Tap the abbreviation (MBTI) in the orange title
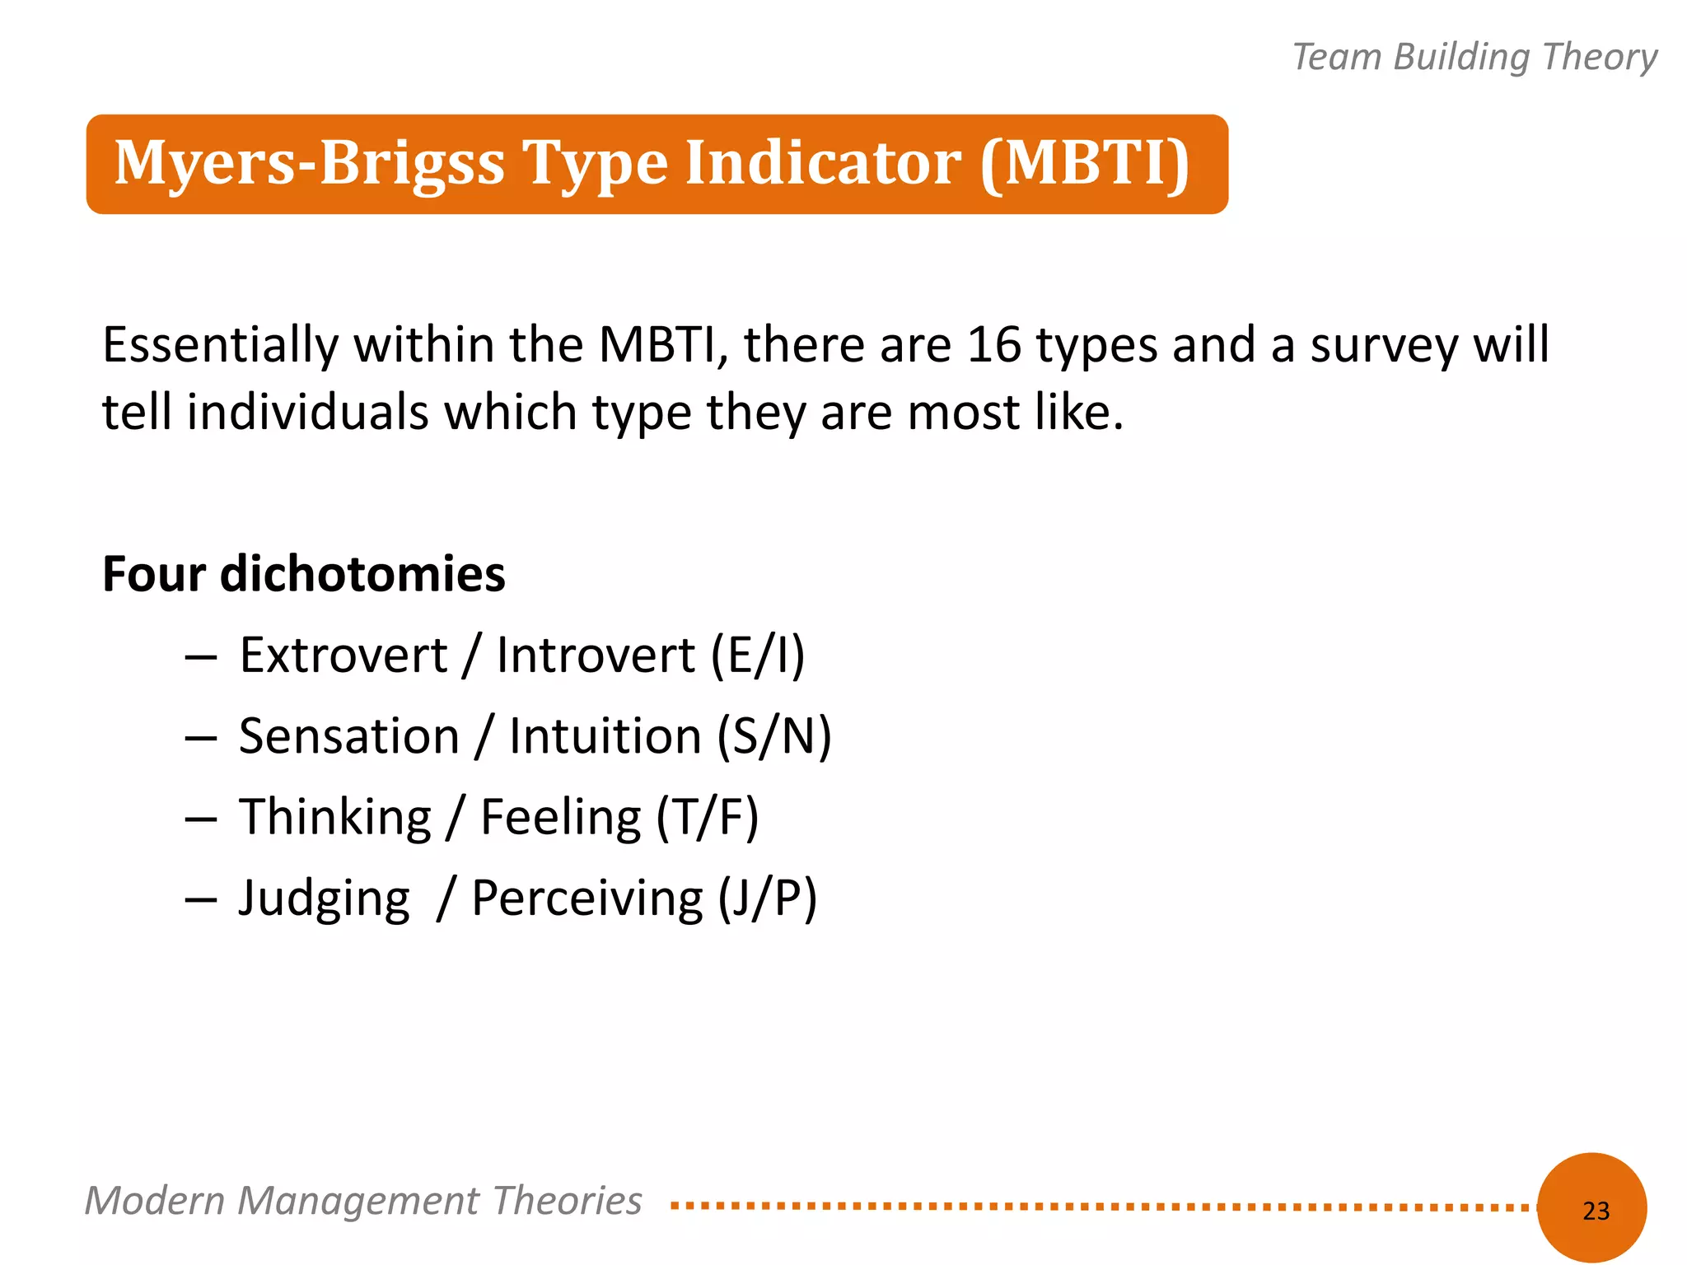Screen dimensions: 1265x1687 coord(1085,163)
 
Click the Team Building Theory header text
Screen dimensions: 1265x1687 coord(1474,57)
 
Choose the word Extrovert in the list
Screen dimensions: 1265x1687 coord(343,656)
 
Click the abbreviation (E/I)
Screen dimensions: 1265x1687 coord(757,656)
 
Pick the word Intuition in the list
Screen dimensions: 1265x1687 coord(605,736)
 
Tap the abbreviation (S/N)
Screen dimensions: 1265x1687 coord(773,736)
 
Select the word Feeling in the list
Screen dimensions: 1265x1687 coord(560,818)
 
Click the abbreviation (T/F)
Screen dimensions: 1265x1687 coord(707,818)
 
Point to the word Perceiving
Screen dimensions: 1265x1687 coord(586,899)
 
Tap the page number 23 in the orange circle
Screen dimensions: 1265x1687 coord(1596,1211)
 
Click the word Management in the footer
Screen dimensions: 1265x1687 coord(358,1201)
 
